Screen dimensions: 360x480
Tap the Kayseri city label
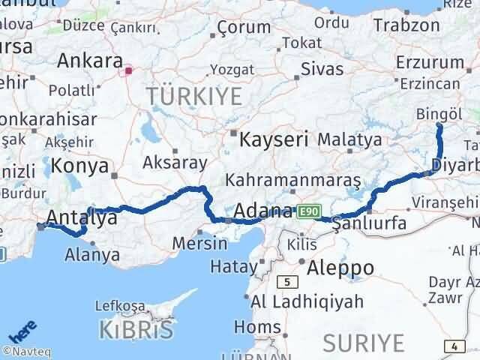pos(274,139)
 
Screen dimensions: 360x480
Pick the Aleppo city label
pos(336,268)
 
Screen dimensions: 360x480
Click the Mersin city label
pos(199,244)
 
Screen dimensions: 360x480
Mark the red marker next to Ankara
pos(129,71)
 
